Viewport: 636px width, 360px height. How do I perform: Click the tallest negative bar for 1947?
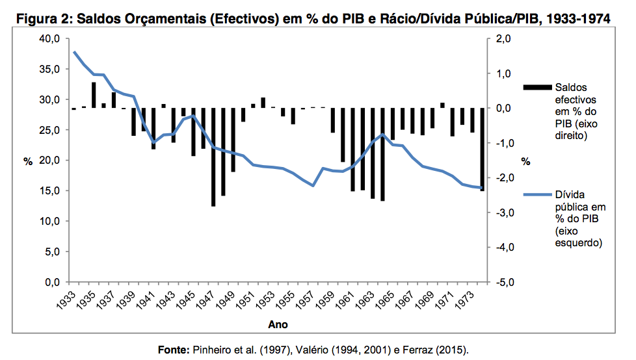pos(213,157)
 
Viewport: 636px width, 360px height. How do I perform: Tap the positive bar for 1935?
pos(94,95)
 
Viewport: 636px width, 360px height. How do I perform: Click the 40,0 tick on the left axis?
pos(50,39)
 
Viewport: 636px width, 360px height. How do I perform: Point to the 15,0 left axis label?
pos(50,191)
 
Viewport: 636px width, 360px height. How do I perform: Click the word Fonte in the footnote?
pos(174,350)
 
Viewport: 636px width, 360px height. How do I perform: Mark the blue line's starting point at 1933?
pos(74,52)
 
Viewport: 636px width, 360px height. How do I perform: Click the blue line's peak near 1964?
pos(383,135)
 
